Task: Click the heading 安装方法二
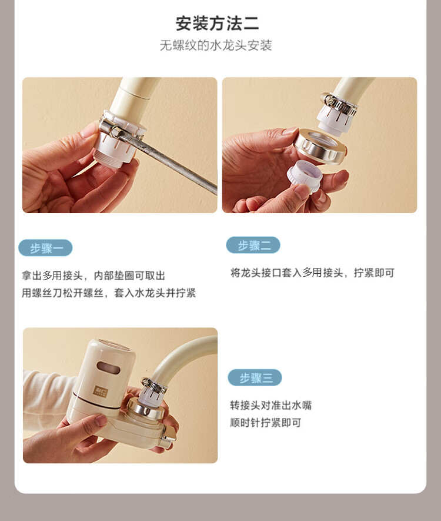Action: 217,24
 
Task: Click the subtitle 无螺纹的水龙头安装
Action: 216,45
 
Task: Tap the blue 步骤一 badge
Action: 45,248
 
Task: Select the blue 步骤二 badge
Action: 253,245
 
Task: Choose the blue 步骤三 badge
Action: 255,377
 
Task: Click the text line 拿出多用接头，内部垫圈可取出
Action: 93,276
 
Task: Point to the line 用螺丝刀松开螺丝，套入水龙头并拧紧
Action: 109,293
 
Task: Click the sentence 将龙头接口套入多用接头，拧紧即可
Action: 313,273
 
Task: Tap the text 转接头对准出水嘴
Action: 270,405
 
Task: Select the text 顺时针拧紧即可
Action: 265,423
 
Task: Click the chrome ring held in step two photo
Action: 321,146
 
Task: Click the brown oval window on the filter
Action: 108,367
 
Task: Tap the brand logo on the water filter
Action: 101,390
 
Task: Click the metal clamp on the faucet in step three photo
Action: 153,386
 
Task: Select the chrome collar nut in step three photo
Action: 146,408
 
